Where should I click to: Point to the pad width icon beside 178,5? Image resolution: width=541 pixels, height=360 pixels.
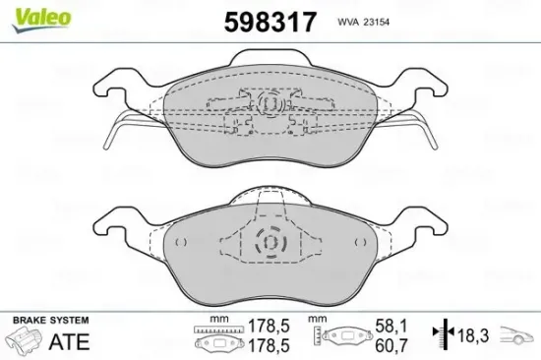212,340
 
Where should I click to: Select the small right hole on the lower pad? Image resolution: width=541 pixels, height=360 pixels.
359,241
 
